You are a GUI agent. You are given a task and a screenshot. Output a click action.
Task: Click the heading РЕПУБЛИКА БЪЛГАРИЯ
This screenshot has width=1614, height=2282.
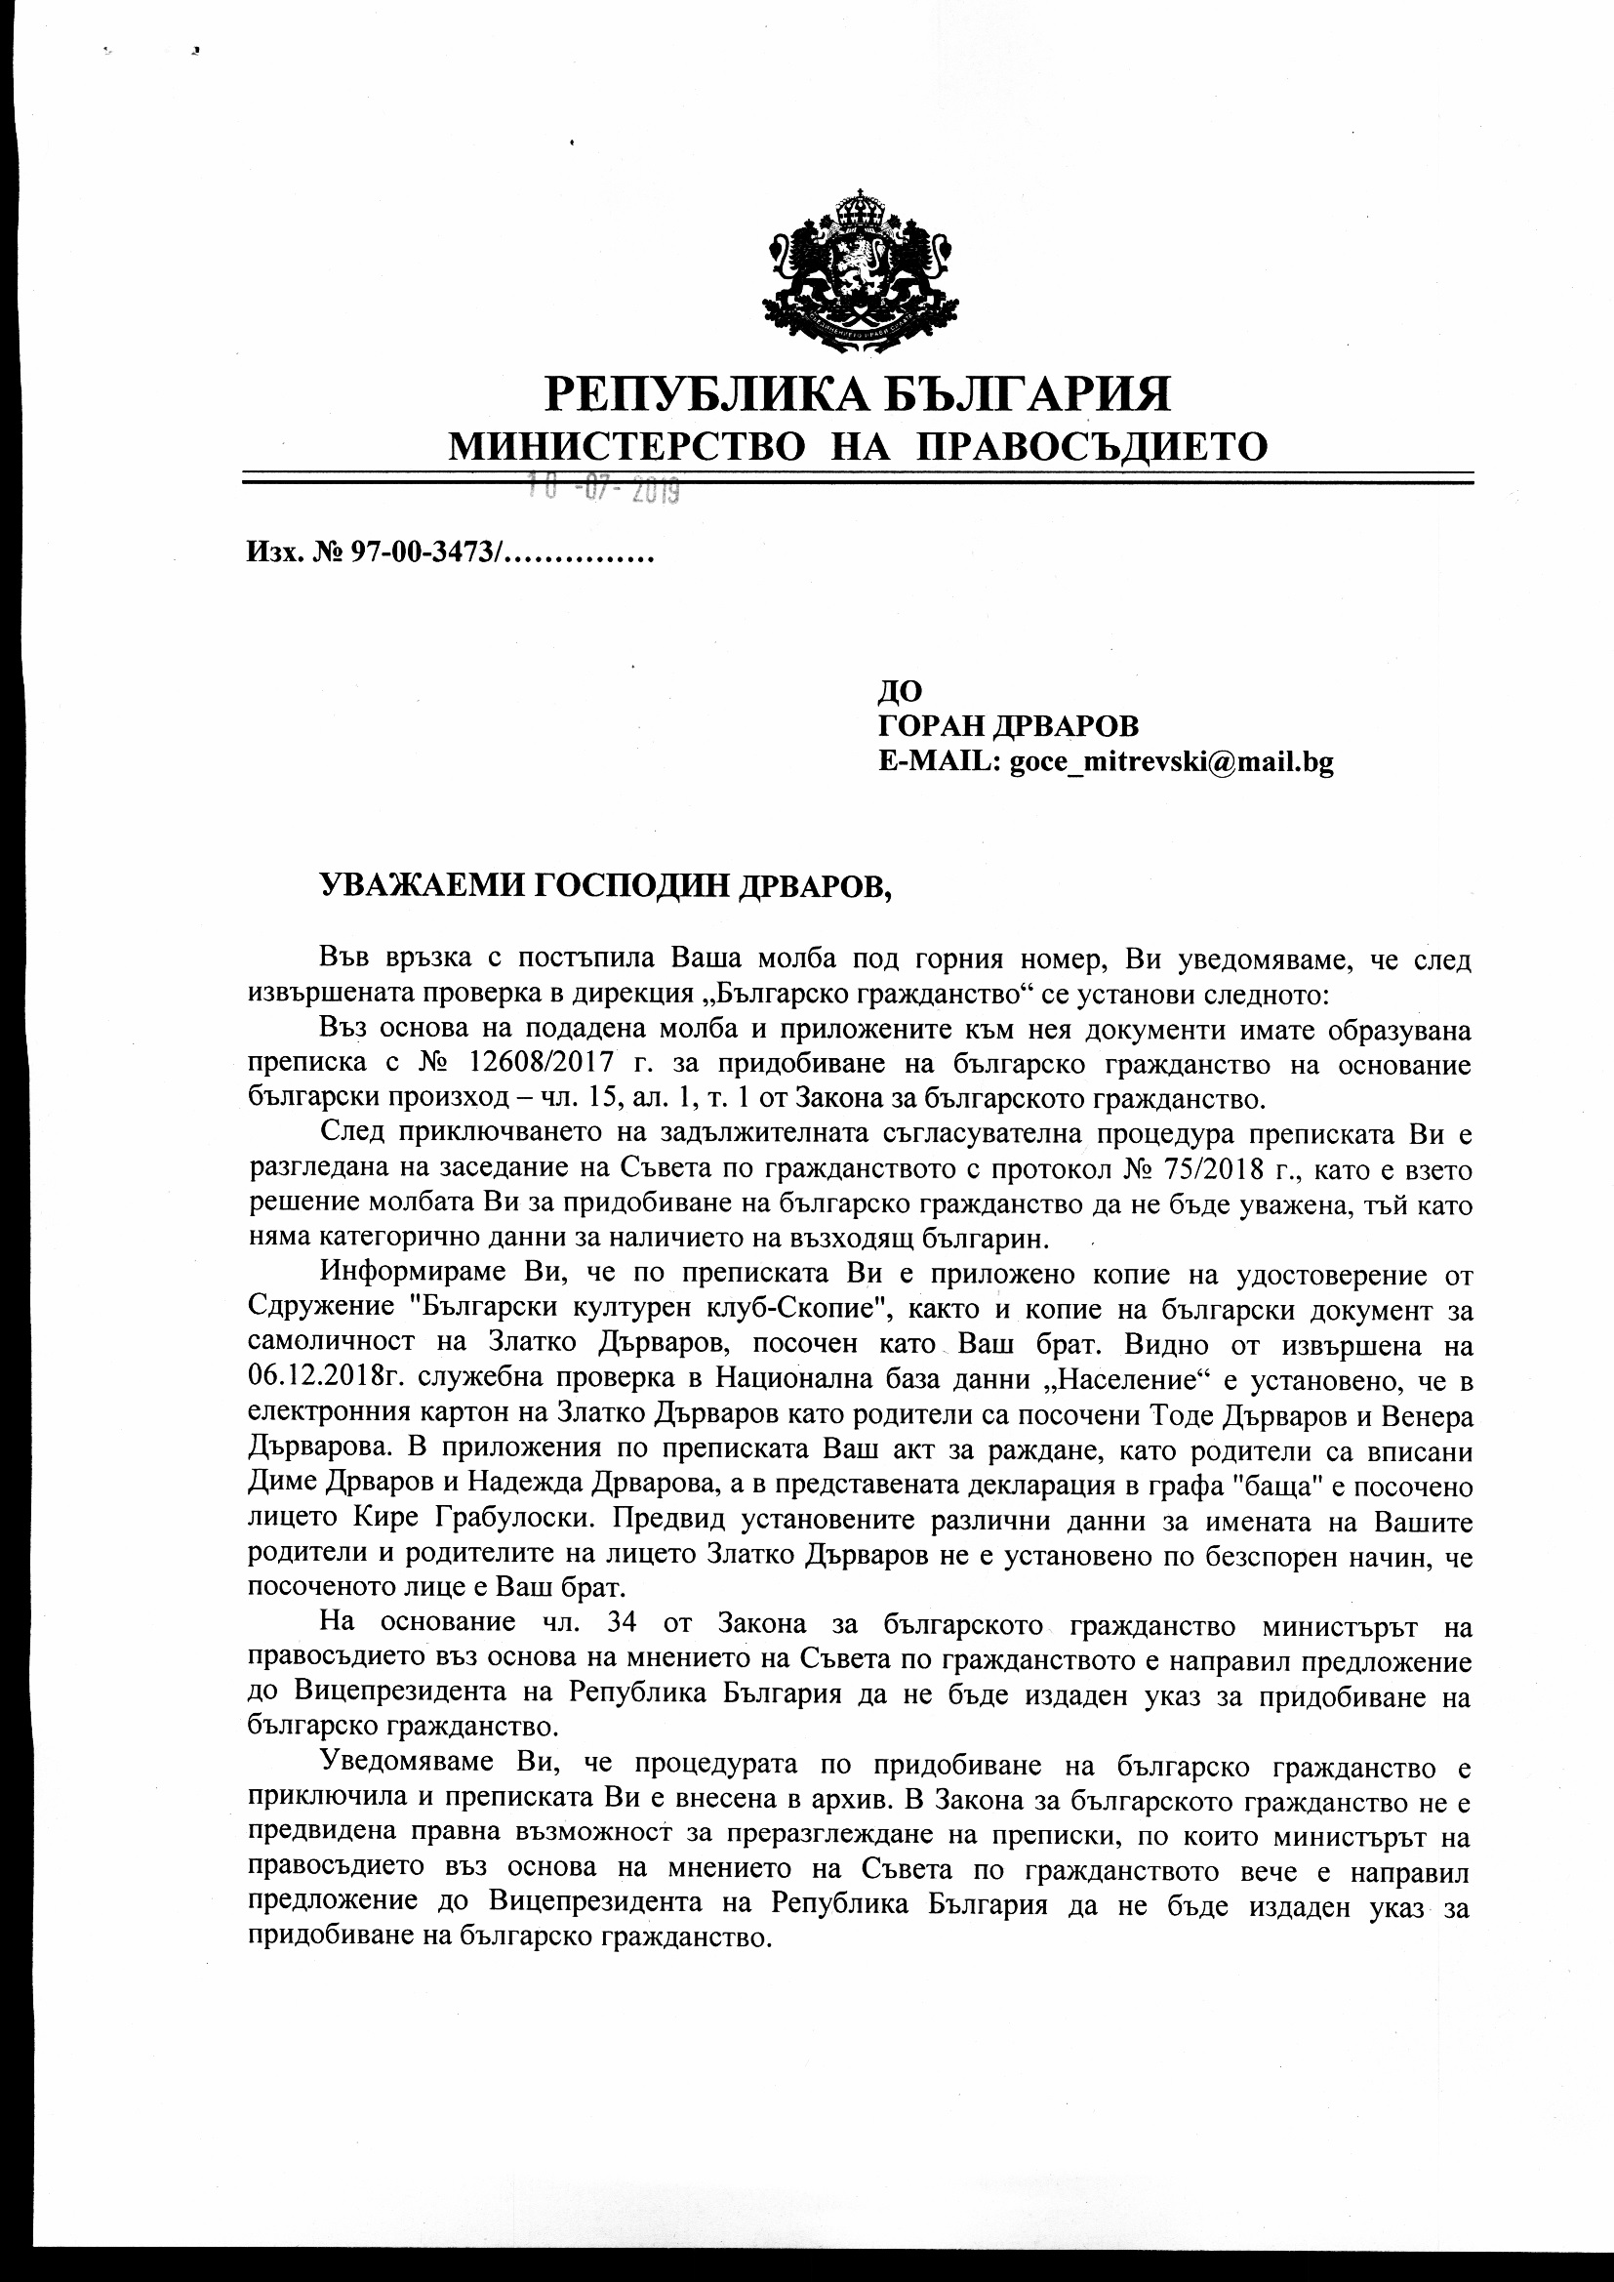coord(859,393)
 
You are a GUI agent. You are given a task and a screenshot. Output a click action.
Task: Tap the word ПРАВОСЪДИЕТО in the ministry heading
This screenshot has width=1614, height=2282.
coord(1090,446)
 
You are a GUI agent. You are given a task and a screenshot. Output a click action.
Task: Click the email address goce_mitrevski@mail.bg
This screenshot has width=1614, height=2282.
coord(1171,762)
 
